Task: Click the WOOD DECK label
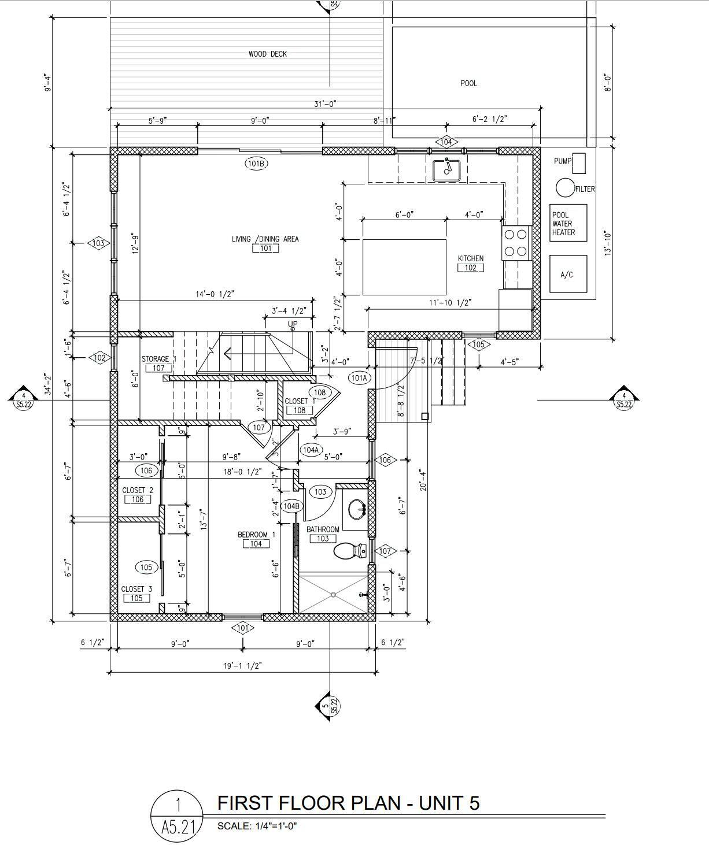pos(268,54)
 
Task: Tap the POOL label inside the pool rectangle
pos(468,83)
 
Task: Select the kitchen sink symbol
pos(446,170)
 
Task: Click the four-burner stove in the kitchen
pos(516,243)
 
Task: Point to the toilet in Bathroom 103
pos(350,550)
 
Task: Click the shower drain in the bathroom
pos(333,595)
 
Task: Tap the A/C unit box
pos(568,274)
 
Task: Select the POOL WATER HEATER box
pos(568,223)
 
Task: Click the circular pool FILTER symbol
pos(565,187)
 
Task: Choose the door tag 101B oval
pos(257,164)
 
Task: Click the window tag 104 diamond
pos(446,142)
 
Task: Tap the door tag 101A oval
pos(360,378)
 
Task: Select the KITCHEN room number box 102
pos(471,268)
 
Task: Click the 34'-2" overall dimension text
pos(48,384)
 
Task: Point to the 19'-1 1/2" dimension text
pos(243,666)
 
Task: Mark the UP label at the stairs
pos(293,324)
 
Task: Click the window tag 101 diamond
pos(242,628)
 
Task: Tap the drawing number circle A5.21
pos(177,816)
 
